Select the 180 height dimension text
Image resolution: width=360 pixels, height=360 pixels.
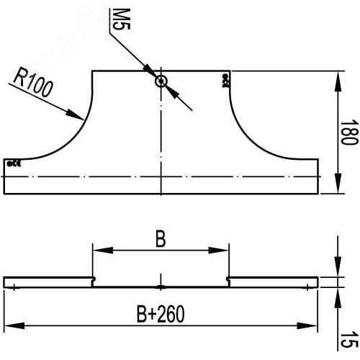[348, 132]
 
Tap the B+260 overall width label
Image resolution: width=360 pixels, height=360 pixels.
[161, 315]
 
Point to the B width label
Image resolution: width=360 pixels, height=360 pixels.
[161, 240]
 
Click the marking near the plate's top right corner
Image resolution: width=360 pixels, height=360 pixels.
[226, 79]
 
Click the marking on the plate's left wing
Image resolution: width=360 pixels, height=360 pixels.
[14, 164]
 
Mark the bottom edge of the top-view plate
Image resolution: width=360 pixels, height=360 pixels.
[161, 194]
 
